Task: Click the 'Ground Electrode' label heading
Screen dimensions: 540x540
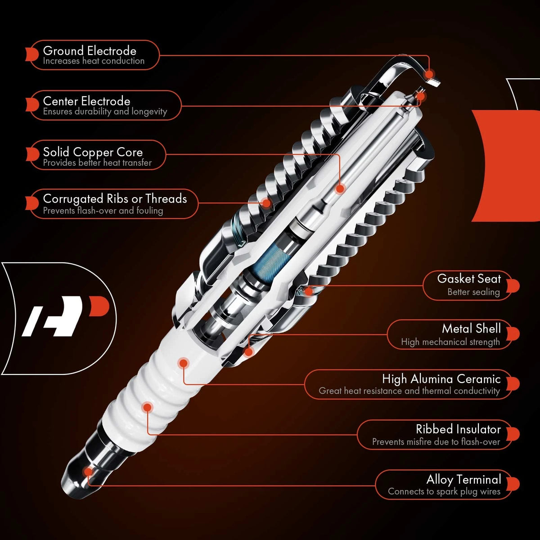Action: click(90, 51)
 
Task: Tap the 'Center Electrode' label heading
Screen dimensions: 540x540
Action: click(86, 101)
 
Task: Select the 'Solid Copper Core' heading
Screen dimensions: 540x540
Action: click(93, 152)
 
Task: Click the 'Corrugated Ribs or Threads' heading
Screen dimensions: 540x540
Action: click(115, 199)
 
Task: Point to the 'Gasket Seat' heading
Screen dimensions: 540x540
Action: click(469, 279)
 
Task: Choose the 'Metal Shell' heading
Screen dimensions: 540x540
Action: click(471, 328)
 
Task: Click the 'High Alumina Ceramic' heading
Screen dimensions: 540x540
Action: click(441, 379)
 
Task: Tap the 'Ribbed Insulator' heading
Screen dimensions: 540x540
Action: click(458, 429)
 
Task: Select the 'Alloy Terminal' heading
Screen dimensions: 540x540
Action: click(464, 480)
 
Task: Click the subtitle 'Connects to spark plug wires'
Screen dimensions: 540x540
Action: click(444, 491)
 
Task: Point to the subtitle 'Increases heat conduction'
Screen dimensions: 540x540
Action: click(94, 61)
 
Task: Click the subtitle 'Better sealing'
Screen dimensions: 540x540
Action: click(473, 292)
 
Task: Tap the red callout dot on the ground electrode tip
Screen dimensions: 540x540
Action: click(428, 74)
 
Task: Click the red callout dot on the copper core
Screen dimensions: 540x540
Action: click(340, 189)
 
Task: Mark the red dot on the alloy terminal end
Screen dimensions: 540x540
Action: click(88, 472)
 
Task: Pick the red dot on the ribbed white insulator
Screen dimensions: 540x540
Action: click(148, 407)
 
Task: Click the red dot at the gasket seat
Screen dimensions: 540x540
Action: click(308, 292)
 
